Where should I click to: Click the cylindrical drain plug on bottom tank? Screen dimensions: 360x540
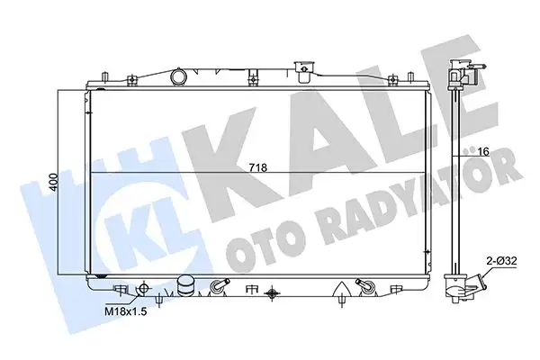tap(186, 286)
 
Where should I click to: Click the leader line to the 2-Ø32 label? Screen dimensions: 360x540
tap(486, 266)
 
